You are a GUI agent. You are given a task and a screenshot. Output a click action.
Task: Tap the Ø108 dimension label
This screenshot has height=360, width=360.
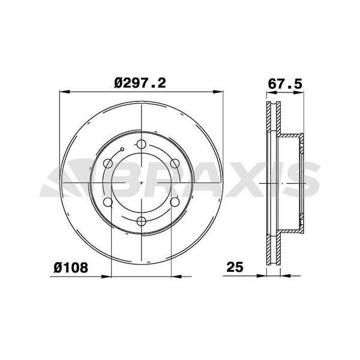click(72, 268)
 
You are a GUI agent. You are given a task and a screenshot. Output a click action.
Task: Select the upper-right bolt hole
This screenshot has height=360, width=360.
click(174, 163)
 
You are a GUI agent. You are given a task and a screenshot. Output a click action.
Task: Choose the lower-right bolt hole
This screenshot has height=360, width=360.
click(174, 202)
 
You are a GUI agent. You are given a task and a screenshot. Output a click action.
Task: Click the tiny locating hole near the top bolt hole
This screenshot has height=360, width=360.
click(122, 149)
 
